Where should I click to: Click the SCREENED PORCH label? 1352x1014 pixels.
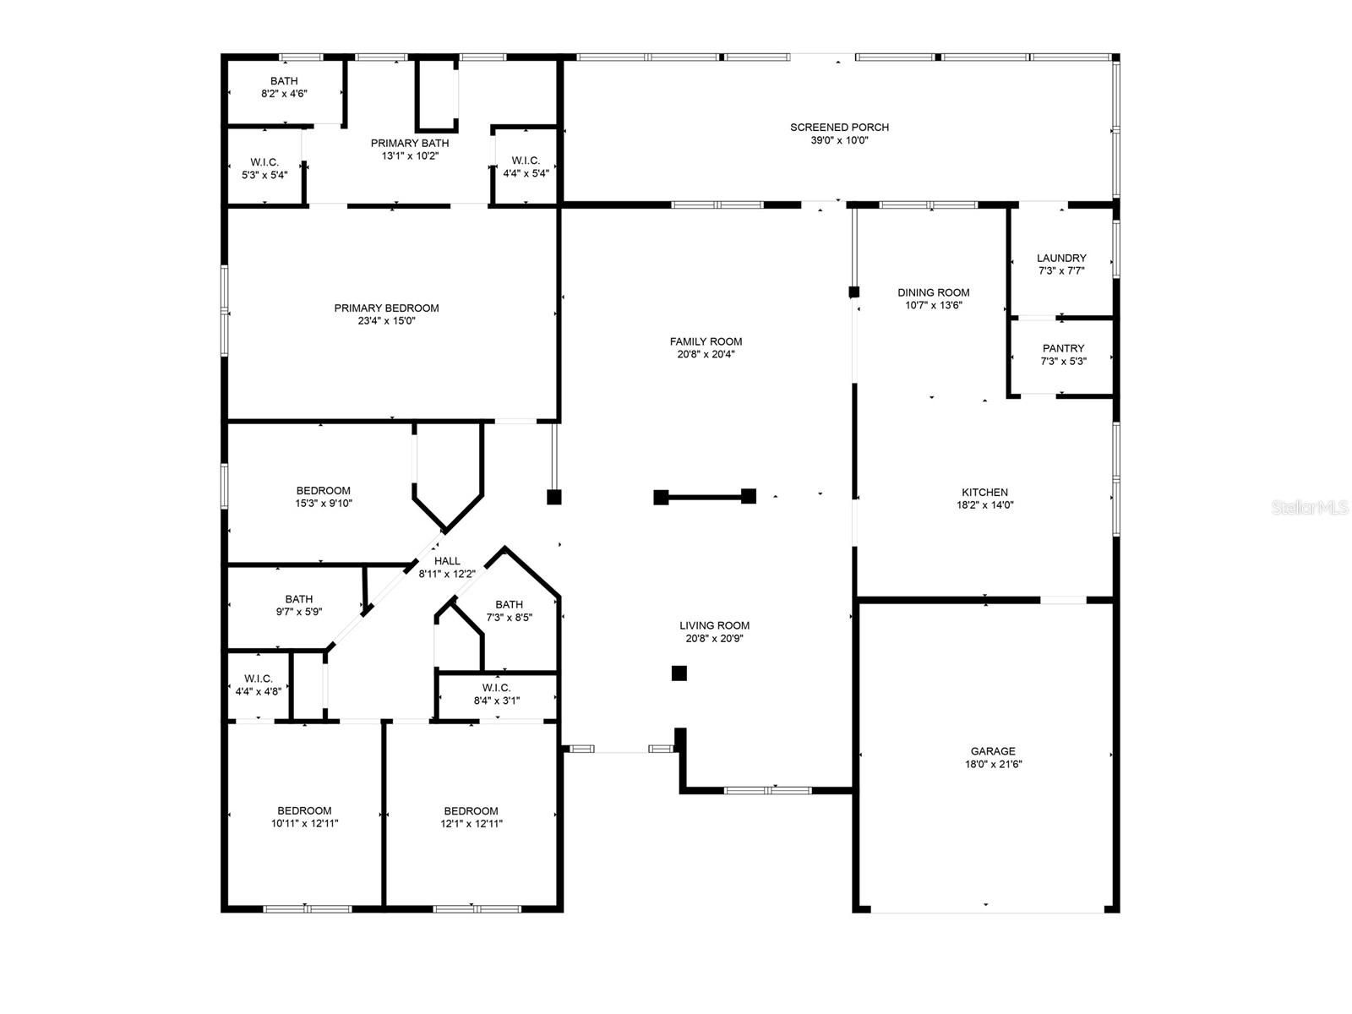(840, 128)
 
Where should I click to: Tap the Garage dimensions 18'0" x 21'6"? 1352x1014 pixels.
(993, 764)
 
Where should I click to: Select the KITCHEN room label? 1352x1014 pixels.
(985, 493)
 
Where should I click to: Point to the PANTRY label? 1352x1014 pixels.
(1063, 348)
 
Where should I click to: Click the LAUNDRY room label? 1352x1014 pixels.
(1061, 258)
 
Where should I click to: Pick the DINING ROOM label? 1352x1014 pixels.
(933, 292)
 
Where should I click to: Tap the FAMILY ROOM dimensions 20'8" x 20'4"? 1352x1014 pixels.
(706, 354)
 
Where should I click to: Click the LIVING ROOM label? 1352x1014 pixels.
(715, 625)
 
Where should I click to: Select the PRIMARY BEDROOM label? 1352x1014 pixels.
(387, 308)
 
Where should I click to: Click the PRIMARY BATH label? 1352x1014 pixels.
(410, 143)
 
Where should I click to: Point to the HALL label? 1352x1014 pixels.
(447, 561)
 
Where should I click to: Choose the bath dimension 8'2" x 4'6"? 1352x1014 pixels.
(284, 94)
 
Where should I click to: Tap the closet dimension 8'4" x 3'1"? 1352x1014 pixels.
(497, 700)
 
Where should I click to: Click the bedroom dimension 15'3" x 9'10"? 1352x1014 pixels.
(324, 503)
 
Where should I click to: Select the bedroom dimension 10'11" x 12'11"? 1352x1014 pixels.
(304, 823)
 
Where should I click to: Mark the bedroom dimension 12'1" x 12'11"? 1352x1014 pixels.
(472, 823)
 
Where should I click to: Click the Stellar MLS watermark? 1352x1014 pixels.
(1310, 507)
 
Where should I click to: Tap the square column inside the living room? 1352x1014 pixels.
(679, 673)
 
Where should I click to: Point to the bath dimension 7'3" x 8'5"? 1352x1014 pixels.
(509, 617)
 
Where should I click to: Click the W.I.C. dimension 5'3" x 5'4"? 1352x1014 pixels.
(264, 175)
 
